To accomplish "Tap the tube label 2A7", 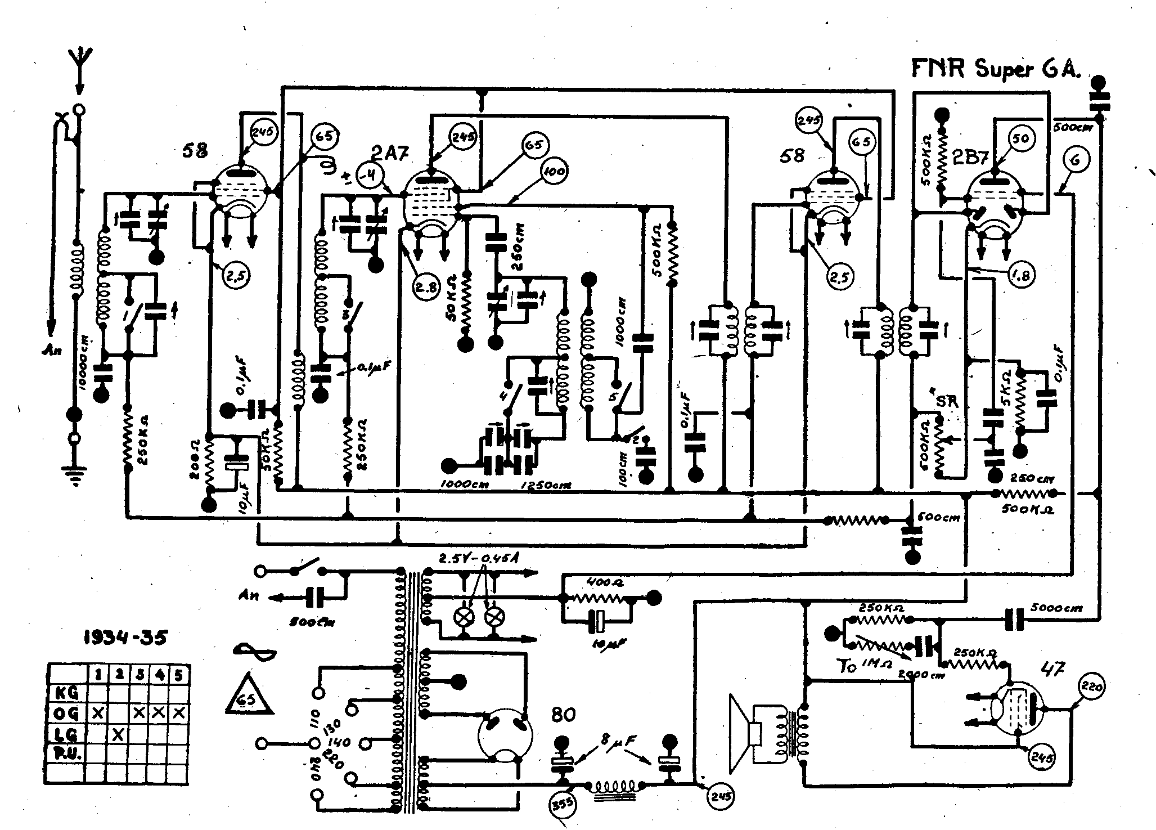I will pos(390,152).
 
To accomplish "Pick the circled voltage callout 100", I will pos(554,171).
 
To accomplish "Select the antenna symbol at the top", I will pos(79,59).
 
